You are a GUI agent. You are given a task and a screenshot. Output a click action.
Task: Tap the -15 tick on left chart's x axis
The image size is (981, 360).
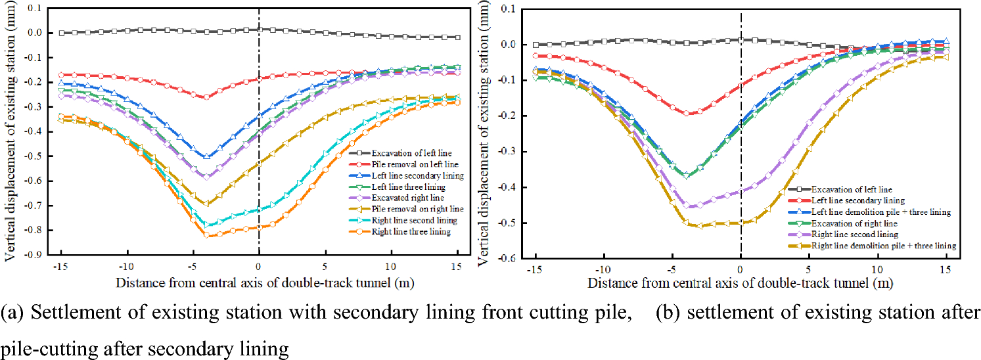pos(60,267)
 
